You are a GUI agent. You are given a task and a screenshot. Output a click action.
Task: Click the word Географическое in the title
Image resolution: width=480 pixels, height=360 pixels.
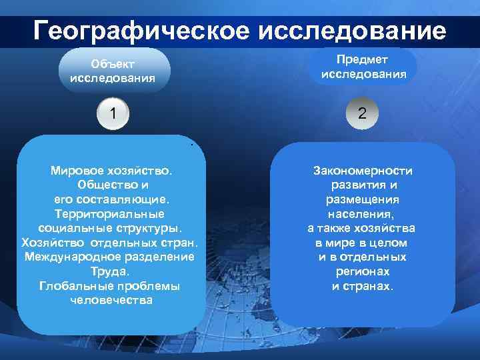[139, 31]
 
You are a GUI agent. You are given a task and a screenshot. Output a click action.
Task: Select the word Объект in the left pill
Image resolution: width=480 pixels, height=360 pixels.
[113, 64]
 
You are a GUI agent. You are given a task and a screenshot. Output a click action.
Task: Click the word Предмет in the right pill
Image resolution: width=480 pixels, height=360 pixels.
[363, 60]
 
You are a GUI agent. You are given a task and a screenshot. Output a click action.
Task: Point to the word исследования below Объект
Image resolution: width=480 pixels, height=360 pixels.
[113, 77]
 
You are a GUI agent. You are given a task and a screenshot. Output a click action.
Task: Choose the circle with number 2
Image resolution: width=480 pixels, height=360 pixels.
[362, 113]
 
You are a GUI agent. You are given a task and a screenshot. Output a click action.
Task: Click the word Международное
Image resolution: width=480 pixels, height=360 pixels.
[74, 257]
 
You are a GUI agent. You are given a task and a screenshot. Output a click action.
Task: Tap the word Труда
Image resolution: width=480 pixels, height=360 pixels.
[111, 271]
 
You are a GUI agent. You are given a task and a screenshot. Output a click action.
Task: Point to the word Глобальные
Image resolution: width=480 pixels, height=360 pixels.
[73, 286]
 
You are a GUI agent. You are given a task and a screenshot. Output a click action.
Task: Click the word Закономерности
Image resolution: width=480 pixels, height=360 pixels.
[363, 171]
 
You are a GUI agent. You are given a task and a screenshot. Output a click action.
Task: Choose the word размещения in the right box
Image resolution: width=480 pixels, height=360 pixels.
[363, 199]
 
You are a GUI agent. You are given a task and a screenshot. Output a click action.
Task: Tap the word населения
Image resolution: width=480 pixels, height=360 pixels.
[363, 214]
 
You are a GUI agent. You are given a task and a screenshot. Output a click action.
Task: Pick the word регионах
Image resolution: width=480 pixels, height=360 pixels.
[363, 272]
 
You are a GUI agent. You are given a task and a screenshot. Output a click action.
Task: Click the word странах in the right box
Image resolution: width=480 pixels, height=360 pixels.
[371, 287]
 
